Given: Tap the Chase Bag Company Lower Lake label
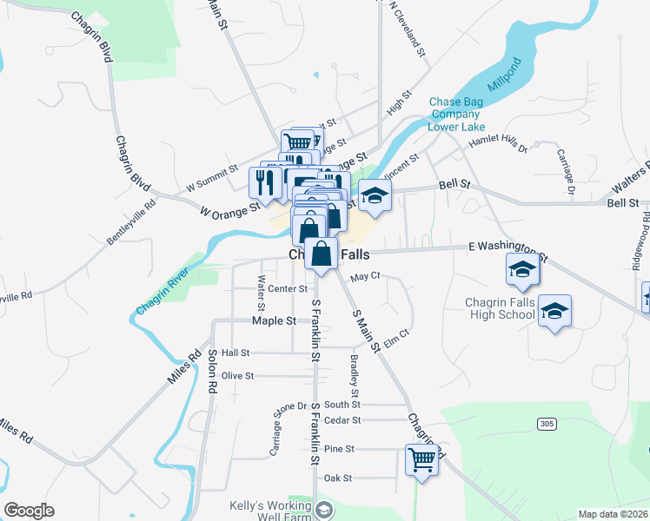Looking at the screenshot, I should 455,114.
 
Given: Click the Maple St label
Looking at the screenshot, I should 274,321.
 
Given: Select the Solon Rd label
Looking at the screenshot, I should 211,372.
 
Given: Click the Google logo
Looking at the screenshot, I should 30,511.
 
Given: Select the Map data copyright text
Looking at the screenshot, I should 612,514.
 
